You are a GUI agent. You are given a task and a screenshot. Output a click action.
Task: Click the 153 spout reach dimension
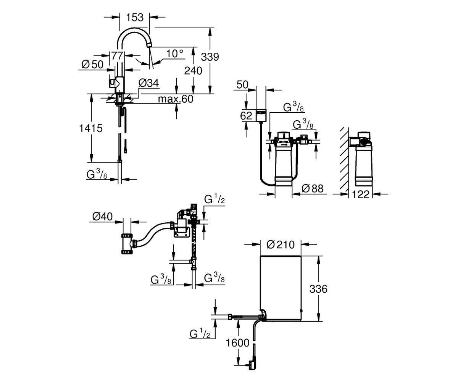click(x=135, y=18)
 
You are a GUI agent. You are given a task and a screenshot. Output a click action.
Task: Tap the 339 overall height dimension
click(x=210, y=57)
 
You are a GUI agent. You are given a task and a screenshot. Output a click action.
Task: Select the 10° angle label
click(x=175, y=54)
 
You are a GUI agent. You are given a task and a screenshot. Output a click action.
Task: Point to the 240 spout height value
click(x=193, y=71)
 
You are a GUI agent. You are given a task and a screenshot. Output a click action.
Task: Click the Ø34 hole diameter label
click(x=148, y=83)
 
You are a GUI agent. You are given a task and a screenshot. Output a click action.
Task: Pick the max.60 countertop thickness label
click(x=176, y=99)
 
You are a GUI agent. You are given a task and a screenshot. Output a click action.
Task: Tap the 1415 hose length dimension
click(x=90, y=128)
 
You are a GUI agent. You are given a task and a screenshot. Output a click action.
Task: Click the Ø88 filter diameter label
click(x=312, y=188)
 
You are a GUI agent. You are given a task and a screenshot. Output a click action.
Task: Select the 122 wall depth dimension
click(x=361, y=194)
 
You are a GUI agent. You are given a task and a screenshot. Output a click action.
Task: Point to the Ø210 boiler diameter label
click(x=281, y=244)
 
